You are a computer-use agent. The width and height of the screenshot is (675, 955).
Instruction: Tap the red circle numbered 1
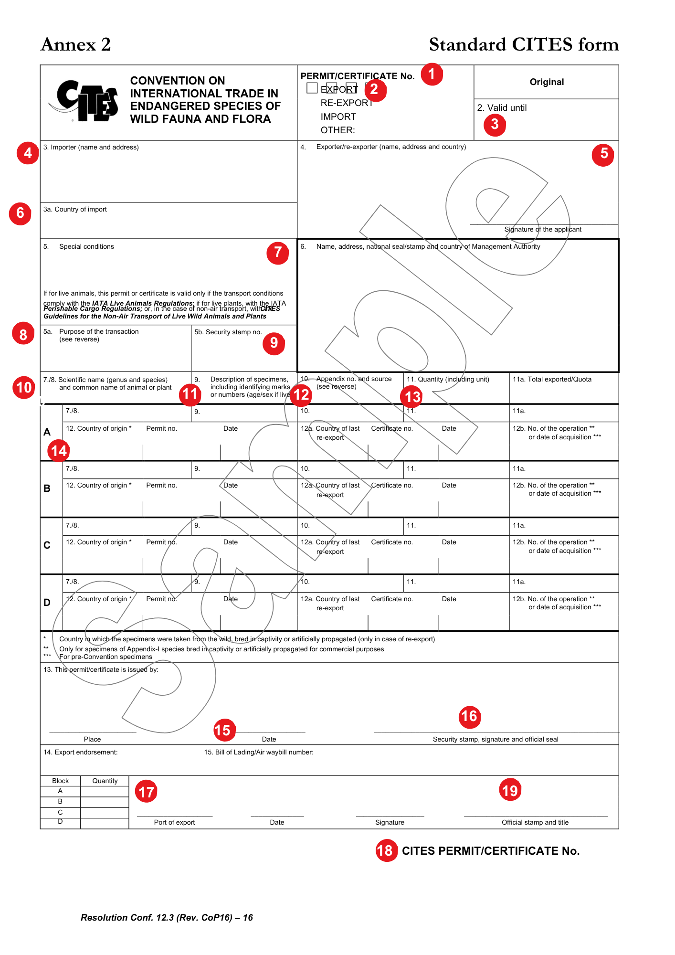(432, 74)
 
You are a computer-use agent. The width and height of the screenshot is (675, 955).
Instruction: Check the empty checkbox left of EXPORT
(312, 88)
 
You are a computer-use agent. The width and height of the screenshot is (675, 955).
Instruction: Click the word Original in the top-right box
(547, 82)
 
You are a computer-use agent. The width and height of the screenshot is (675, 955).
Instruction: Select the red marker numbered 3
(495, 125)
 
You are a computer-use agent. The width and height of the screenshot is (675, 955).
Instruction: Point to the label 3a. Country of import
(75, 210)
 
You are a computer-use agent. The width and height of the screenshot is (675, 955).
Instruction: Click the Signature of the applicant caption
(543, 230)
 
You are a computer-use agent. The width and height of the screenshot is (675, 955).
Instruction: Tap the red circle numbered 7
(277, 253)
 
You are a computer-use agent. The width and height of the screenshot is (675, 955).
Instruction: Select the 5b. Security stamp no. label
(228, 332)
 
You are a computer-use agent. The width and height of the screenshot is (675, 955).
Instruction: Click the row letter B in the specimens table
(47, 488)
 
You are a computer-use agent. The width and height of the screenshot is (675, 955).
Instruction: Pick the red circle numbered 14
(59, 451)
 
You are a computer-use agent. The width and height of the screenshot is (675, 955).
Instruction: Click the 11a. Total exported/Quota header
(552, 380)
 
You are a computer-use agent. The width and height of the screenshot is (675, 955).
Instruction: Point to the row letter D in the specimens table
(47, 603)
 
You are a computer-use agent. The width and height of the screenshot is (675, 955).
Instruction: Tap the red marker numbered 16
(469, 717)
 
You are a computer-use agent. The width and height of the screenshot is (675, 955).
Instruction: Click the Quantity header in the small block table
(105, 781)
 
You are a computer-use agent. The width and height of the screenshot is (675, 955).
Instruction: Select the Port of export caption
(174, 823)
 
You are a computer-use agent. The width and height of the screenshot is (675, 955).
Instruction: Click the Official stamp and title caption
(535, 823)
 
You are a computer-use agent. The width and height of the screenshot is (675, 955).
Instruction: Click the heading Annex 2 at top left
(76, 45)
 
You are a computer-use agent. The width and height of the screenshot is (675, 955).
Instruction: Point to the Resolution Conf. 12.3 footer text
(167, 918)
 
